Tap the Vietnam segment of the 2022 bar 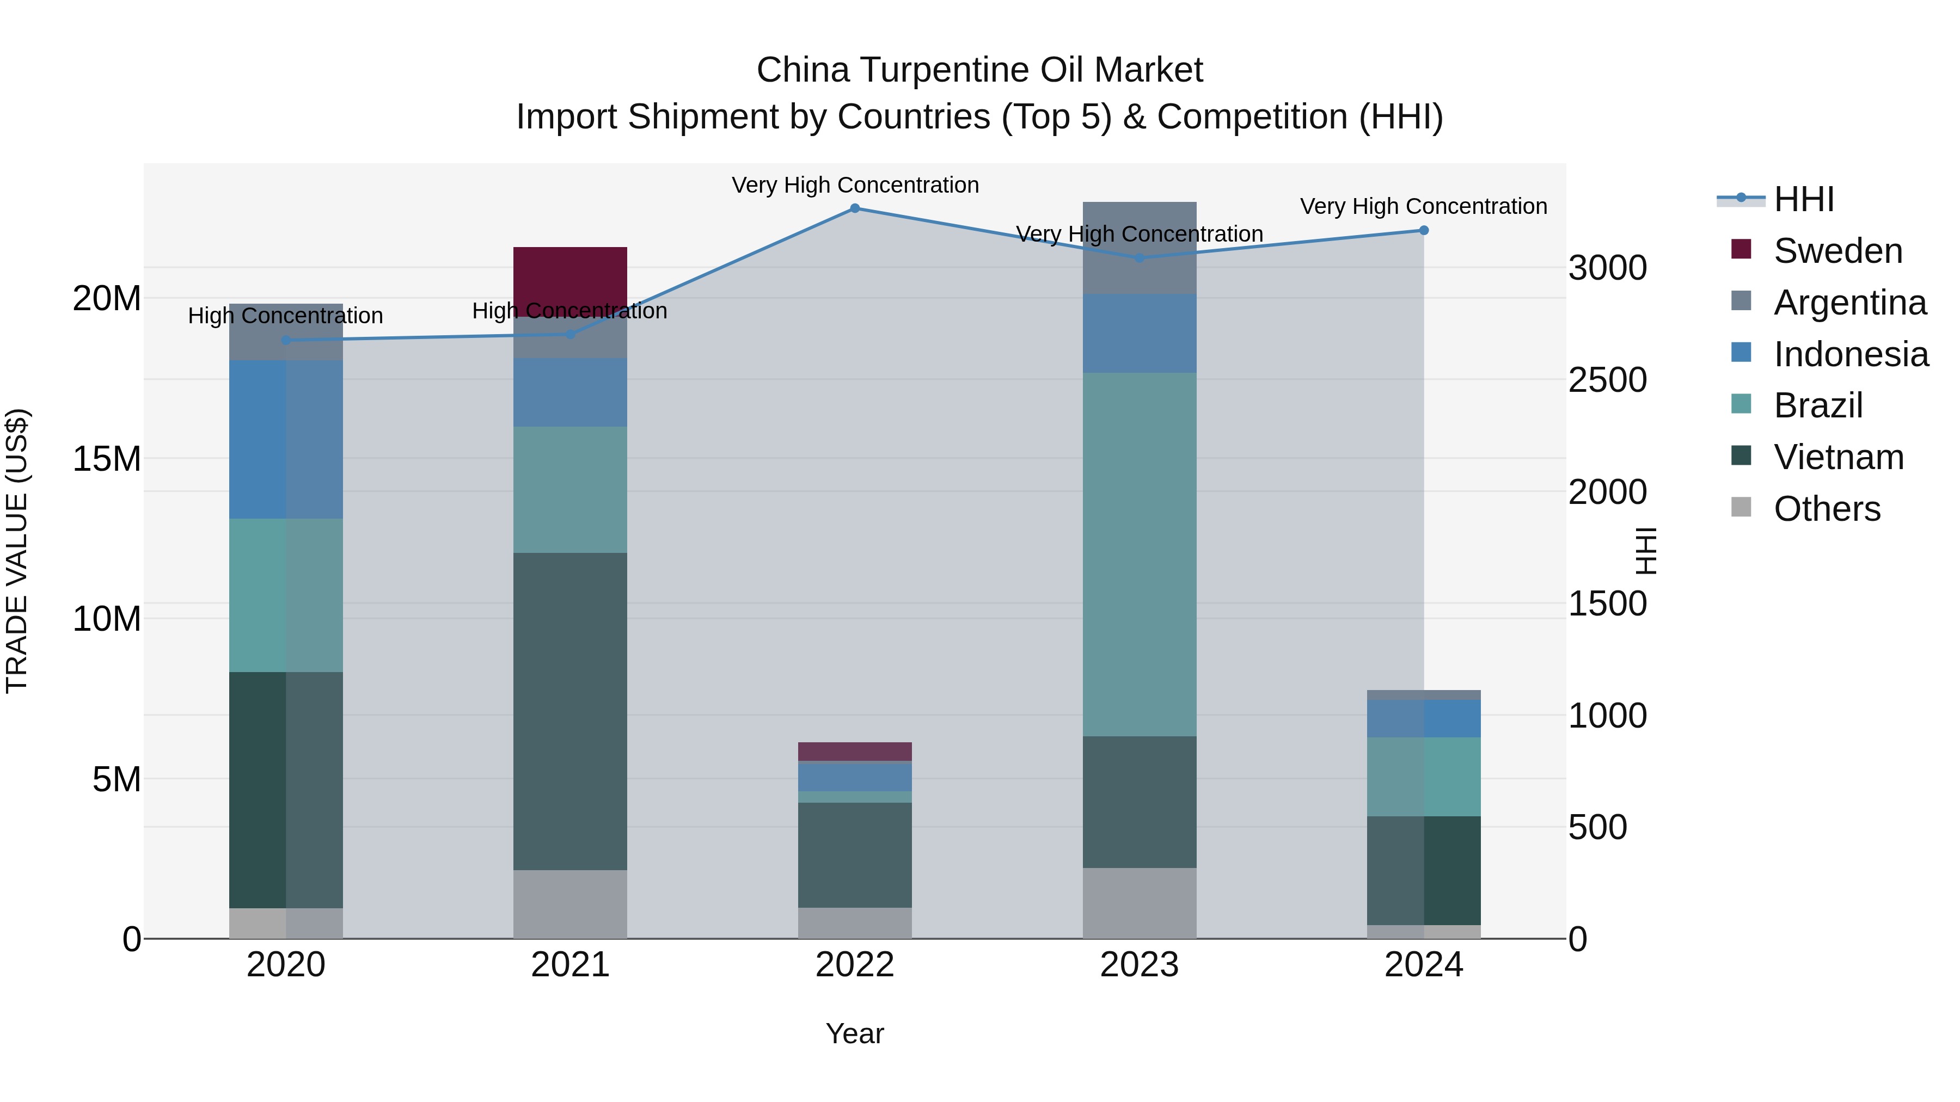[x=854, y=855]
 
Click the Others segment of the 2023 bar [x=1139, y=903]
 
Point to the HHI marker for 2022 [x=854, y=208]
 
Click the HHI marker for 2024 [x=1424, y=230]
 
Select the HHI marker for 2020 [x=286, y=340]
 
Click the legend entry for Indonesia [x=1851, y=354]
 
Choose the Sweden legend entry [x=1837, y=251]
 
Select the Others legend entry [x=1827, y=509]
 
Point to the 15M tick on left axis [x=107, y=459]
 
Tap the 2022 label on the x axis [x=854, y=965]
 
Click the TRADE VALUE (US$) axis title [x=17, y=551]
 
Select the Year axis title [x=854, y=1033]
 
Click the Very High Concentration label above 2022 [x=854, y=185]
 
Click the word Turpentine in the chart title [x=944, y=70]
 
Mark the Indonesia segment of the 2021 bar [x=570, y=392]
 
